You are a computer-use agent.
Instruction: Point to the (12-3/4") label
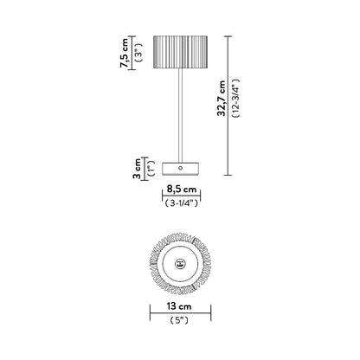233,101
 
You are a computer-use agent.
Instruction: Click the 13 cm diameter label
180,307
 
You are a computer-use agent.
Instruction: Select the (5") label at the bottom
180,322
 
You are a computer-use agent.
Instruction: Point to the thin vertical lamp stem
180,112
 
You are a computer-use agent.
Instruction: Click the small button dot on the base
180,164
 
